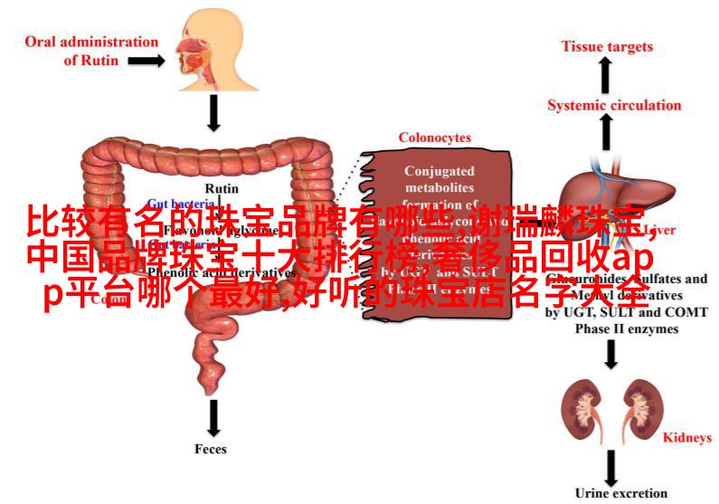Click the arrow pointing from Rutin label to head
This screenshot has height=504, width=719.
pyautogui.click(x=145, y=61)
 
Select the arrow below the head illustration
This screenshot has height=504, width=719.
pyautogui.click(x=214, y=113)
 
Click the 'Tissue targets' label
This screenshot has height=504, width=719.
pyautogui.click(x=606, y=46)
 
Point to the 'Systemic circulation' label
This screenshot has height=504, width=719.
pyautogui.click(x=613, y=105)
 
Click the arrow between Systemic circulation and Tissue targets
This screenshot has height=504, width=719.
pyautogui.click(x=605, y=76)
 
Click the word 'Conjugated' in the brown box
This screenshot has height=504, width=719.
pyautogui.click(x=438, y=170)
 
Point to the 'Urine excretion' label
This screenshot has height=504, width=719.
pyautogui.click(x=620, y=493)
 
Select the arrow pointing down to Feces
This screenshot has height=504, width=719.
pyautogui.click(x=213, y=415)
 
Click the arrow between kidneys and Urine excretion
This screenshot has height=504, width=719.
pyautogui.click(x=611, y=465)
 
